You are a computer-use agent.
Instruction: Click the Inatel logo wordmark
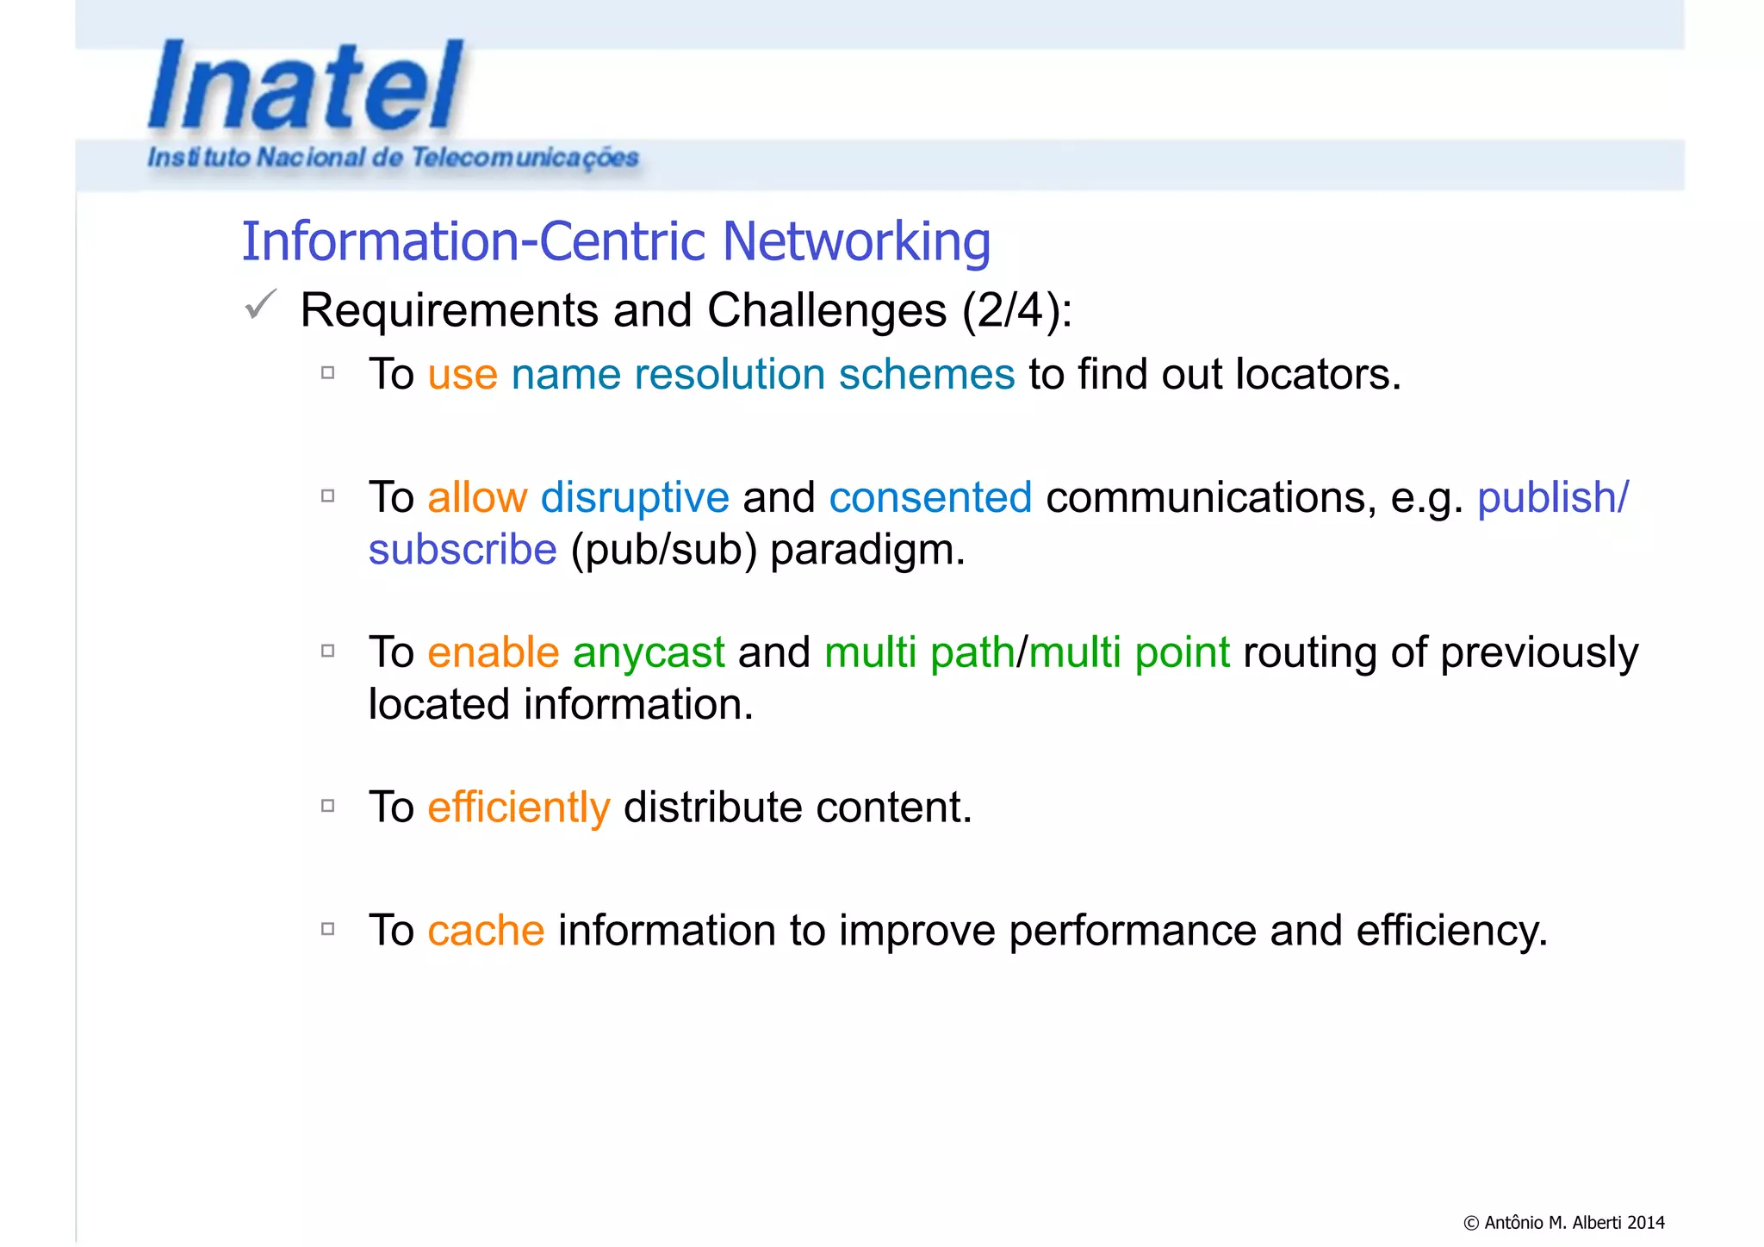(x=306, y=86)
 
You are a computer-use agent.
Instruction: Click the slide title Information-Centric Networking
(x=615, y=240)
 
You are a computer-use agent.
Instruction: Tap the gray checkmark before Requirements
(x=259, y=304)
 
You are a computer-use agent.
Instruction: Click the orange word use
(x=463, y=375)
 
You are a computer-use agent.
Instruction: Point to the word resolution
(x=729, y=375)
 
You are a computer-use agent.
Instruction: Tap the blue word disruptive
(x=635, y=498)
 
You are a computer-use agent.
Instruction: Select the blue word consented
(x=930, y=498)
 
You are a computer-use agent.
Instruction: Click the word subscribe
(x=463, y=550)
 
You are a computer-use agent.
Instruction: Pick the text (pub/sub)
(x=663, y=551)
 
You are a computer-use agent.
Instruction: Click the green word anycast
(x=649, y=652)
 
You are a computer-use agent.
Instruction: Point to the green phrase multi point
(x=1128, y=652)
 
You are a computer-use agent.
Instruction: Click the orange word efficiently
(x=519, y=807)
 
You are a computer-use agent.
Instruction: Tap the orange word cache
(x=486, y=931)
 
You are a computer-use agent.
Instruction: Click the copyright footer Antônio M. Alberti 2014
(x=1563, y=1222)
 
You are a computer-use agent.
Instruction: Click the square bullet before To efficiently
(x=327, y=806)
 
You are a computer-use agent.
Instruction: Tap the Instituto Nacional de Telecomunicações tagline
(x=393, y=158)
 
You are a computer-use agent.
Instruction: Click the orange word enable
(x=493, y=652)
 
